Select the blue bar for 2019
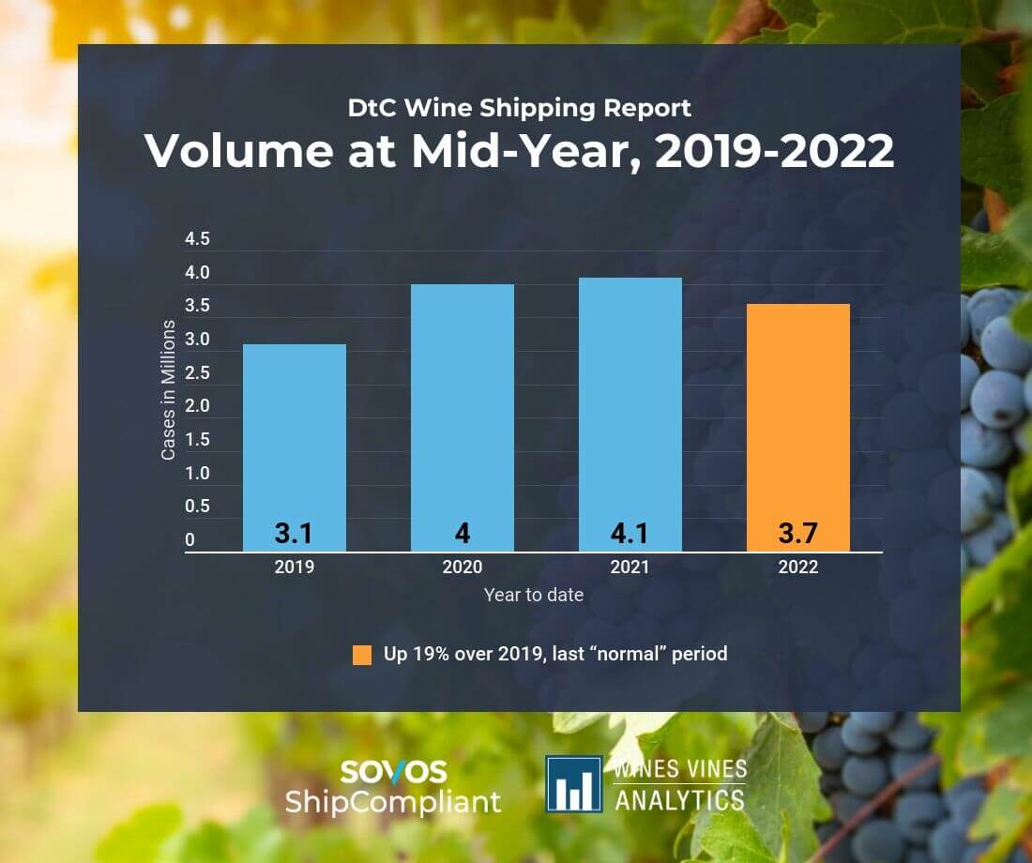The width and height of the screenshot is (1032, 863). click(295, 431)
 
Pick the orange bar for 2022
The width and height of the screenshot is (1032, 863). click(798, 413)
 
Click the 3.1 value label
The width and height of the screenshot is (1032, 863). click(294, 534)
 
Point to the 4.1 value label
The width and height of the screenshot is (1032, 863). click(630, 534)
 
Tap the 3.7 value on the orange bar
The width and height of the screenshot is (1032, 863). click(798, 534)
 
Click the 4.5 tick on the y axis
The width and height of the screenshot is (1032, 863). click(197, 239)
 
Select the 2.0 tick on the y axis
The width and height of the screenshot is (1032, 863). click(197, 406)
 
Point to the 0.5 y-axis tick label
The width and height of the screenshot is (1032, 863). click(197, 507)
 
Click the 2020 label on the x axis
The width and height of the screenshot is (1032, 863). click(463, 567)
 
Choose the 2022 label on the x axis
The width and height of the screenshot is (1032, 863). click(798, 567)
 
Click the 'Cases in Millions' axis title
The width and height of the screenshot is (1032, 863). click(168, 390)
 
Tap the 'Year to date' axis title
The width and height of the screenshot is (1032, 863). click(533, 595)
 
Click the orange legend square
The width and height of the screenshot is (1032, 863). click(362, 655)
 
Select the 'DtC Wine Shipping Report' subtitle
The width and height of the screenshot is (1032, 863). click(519, 107)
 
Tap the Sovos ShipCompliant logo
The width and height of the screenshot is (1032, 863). click(394, 786)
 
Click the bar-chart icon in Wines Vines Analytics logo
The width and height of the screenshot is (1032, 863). click(574, 784)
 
